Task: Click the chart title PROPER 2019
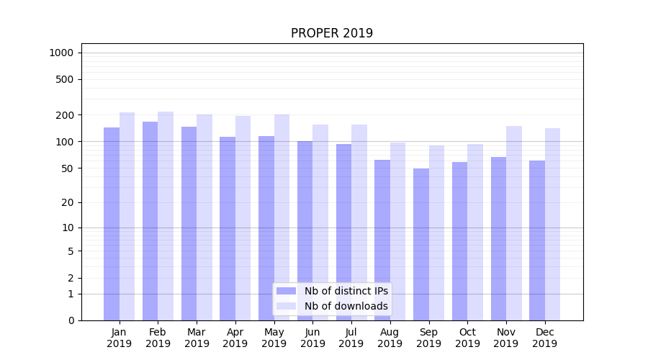click(x=332, y=34)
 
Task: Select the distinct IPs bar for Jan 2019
click(x=112, y=223)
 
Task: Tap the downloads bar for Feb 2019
click(x=166, y=216)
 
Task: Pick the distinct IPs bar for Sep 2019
click(x=421, y=245)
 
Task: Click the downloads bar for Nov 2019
click(x=514, y=223)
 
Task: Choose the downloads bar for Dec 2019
click(x=553, y=224)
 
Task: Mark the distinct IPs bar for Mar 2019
click(x=189, y=223)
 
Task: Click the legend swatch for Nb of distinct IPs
click(x=287, y=291)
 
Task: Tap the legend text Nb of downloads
click(x=346, y=306)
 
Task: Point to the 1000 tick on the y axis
click(x=61, y=53)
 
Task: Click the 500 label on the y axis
click(x=66, y=79)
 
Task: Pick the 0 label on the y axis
click(x=71, y=320)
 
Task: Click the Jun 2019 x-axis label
click(x=312, y=338)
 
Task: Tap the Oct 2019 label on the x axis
click(x=467, y=338)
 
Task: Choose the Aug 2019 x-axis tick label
click(x=390, y=338)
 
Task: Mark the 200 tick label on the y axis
click(x=66, y=115)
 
